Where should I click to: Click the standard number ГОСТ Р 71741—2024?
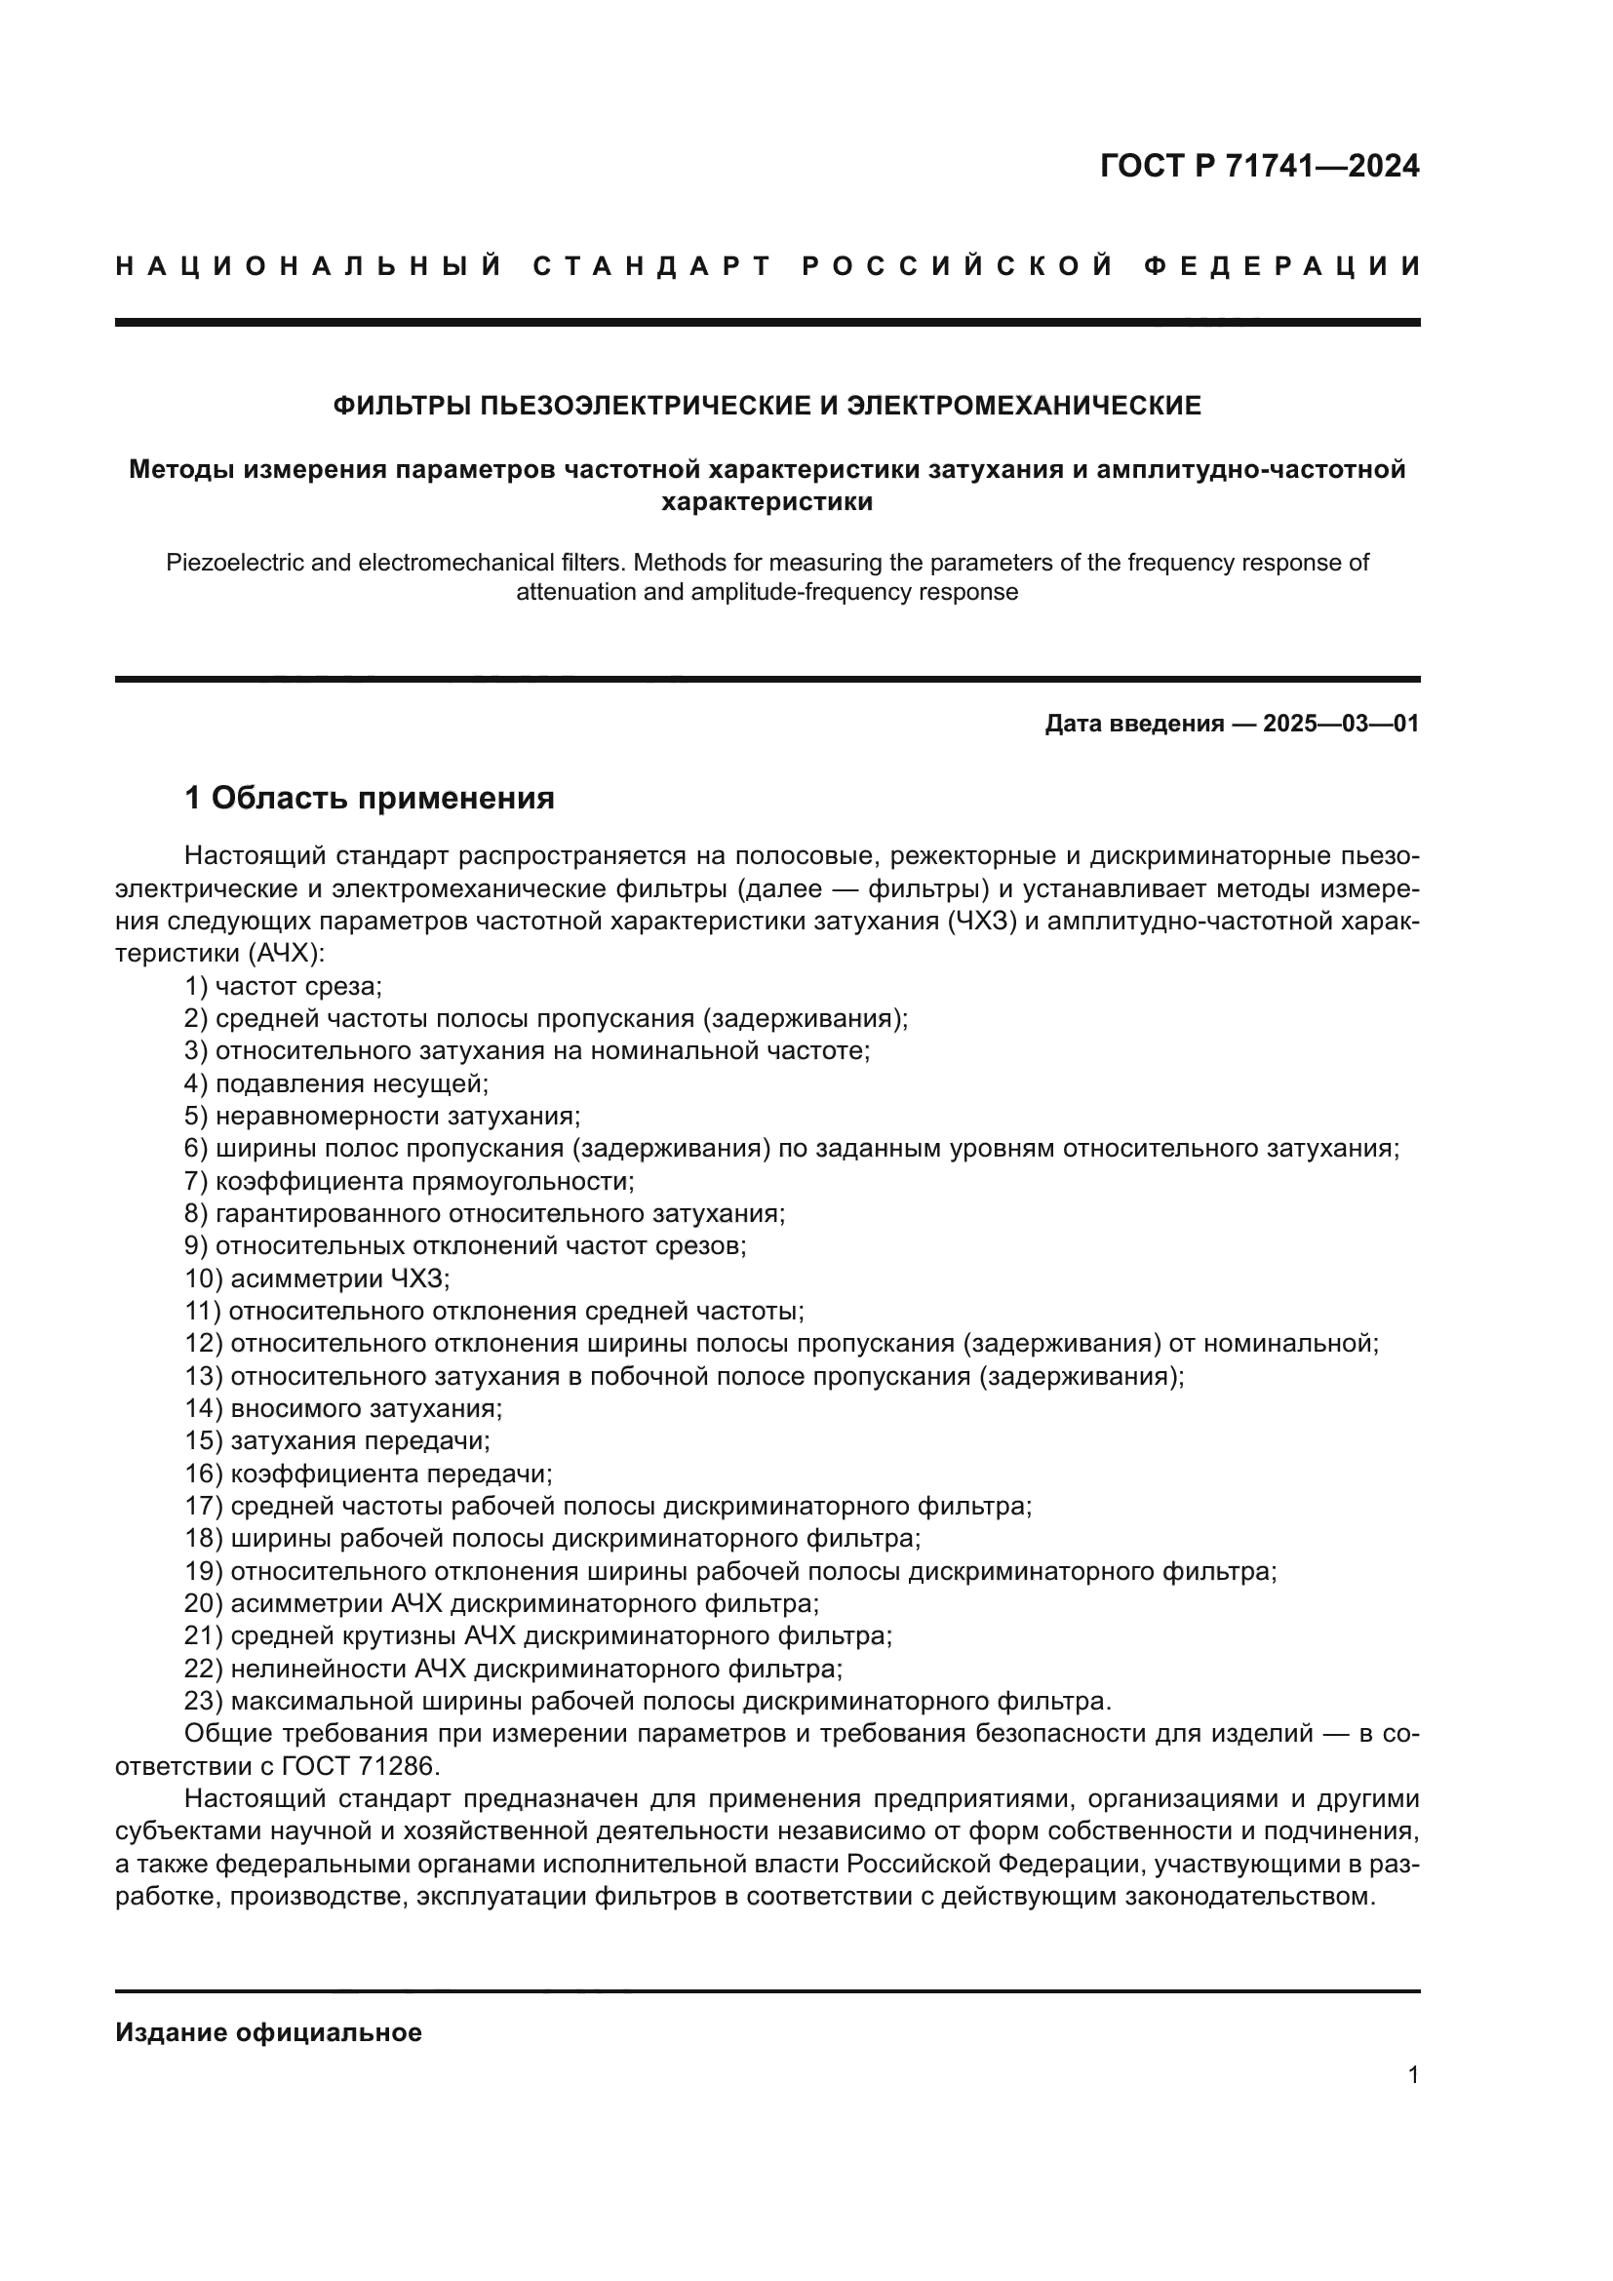pyautogui.click(x=1258, y=166)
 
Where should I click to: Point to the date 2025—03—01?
pyautogui.click(x=1340, y=724)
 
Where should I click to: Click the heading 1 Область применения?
pyautogui.click(x=370, y=798)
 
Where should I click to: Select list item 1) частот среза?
pyautogui.click(x=283, y=987)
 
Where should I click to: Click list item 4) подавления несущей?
pyautogui.click(x=335, y=1083)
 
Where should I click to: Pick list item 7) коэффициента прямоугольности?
pyautogui.click(x=410, y=1181)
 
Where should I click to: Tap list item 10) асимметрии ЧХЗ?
pyautogui.click(x=318, y=1278)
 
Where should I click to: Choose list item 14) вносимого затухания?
pyautogui.click(x=343, y=1409)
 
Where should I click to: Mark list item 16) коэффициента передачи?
pyautogui.click(x=369, y=1474)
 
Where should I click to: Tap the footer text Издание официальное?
pyautogui.click(x=268, y=2032)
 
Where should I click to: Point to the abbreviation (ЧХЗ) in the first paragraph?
pyautogui.click(x=979, y=922)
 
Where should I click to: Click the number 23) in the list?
pyautogui.click(x=204, y=1702)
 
